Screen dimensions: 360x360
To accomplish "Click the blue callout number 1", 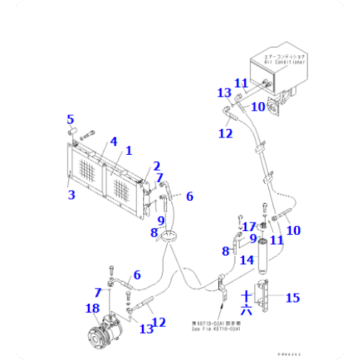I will click(x=129, y=150).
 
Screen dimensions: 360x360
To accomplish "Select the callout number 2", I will click(x=156, y=166).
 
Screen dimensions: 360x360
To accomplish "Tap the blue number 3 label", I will click(x=71, y=194).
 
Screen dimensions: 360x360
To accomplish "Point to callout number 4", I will click(x=112, y=141).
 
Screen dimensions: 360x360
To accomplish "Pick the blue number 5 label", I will click(x=71, y=119).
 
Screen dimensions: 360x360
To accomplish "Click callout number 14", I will click(x=246, y=261).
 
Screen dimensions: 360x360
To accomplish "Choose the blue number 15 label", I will click(x=292, y=297).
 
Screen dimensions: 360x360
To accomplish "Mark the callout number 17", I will click(x=248, y=227).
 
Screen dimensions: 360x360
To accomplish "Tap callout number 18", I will click(x=91, y=310).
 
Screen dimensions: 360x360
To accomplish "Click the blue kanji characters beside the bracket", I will click(x=246, y=302).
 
